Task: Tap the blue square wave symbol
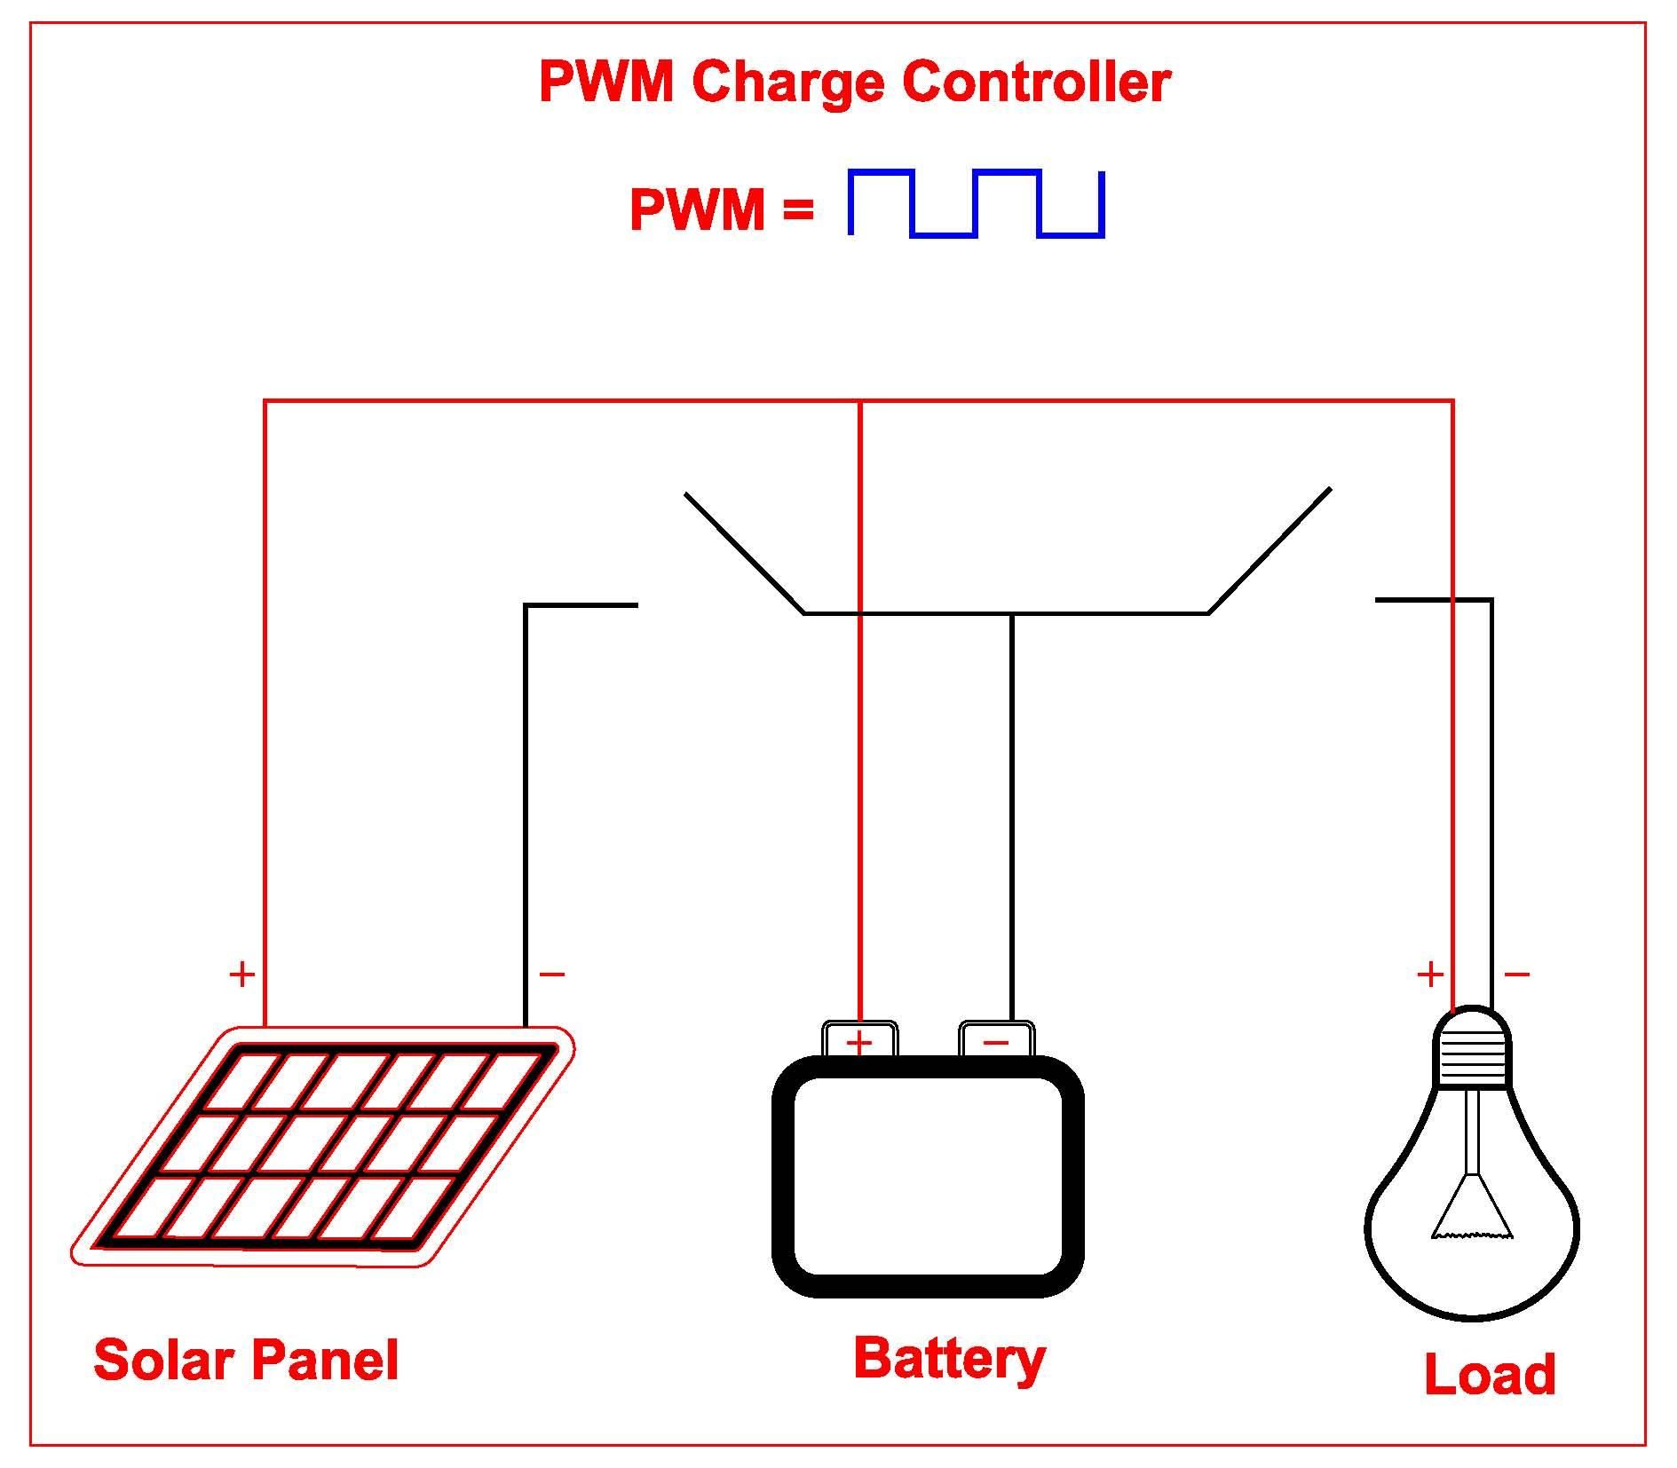[x=976, y=203]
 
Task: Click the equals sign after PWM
[x=798, y=210]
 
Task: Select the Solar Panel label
[x=246, y=1360]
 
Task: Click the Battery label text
[x=949, y=1358]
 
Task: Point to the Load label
[x=1489, y=1374]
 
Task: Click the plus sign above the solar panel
[x=241, y=975]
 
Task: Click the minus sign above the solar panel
[x=551, y=975]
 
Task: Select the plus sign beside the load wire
[x=1429, y=975]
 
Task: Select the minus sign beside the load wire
[x=1517, y=975]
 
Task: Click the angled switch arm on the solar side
[x=744, y=552]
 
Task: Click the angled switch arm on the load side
[x=1270, y=550]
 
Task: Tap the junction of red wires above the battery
[x=860, y=401]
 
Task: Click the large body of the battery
[x=928, y=1176]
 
